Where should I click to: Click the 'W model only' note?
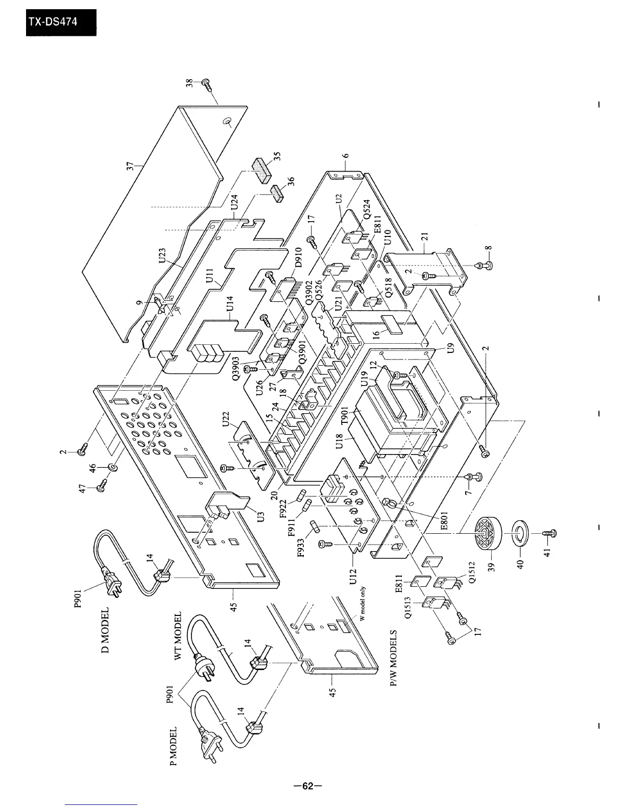[363, 603]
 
